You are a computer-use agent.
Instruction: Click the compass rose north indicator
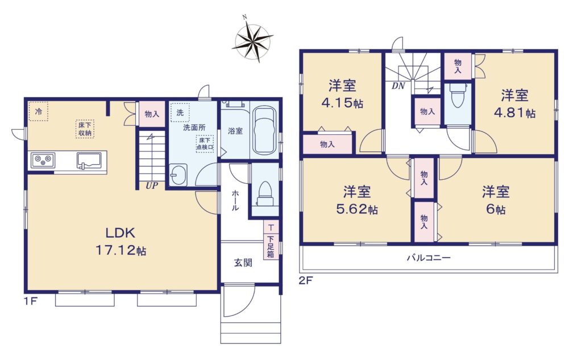tap(244, 17)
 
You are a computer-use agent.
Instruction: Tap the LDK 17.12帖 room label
tap(121, 241)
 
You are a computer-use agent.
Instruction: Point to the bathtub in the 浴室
tap(264, 131)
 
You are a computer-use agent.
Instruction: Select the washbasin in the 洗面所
tap(178, 174)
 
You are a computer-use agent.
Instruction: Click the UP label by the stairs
tap(152, 185)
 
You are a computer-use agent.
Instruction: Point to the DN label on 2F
tap(398, 86)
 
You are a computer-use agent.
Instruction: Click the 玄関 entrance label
tap(243, 263)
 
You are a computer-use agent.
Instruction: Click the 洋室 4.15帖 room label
tap(342, 94)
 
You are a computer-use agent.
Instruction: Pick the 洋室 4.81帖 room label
tap(514, 104)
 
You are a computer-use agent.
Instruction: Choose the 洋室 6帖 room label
tap(496, 200)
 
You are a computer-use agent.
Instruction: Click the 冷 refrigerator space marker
tap(39, 111)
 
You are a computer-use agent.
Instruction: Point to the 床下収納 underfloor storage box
tap(85, 129)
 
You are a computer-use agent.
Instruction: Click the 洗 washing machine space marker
tap(180, 113)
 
